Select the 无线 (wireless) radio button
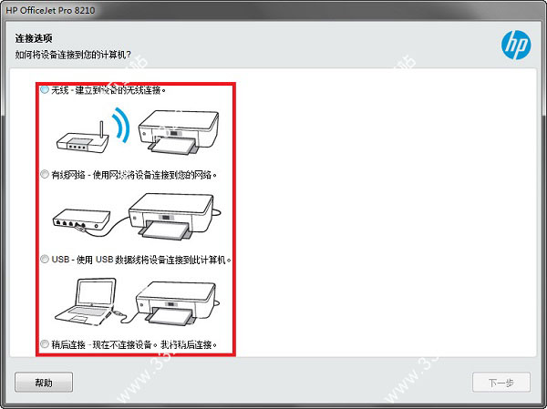tap(45, 89)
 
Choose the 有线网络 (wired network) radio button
tap(45, 174)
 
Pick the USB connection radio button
tap(45, 259)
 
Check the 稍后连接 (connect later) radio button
tap(45, 344)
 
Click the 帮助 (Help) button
tap(44, 383)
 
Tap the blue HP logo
tap(516, 45)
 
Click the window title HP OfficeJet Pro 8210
tap(50, 10)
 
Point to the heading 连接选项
tap(34, 38)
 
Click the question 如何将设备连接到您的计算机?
tap(73, 55)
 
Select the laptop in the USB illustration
tap(86, 301)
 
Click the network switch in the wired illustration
tap(81, 220)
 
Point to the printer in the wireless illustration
tap(179, 132)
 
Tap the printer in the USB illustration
tap(176, 302)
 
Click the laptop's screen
tap(97, 293)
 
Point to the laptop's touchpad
tap(78, 319)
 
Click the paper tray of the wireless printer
tap(171, 146)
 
